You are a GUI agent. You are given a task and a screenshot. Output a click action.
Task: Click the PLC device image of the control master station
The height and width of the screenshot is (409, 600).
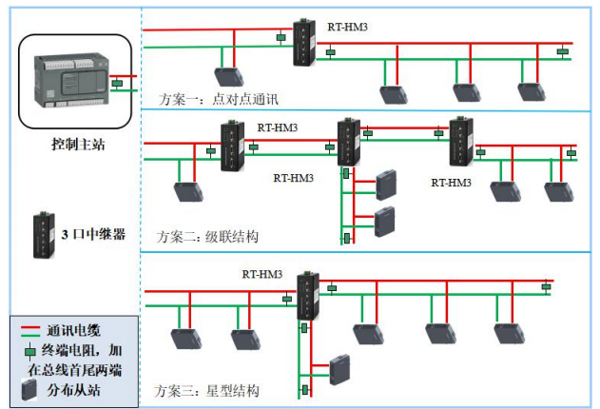pos(71,82)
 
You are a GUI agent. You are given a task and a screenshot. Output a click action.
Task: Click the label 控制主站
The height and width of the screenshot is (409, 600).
pos(78,144)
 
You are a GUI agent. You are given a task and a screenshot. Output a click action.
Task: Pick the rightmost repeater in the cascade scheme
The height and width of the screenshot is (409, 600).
pos(462,143)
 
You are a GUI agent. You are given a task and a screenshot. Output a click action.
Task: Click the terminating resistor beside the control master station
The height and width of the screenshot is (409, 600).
pos(116,84)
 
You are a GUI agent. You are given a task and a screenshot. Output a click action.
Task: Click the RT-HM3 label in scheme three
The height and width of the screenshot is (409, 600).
pos(262,275)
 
